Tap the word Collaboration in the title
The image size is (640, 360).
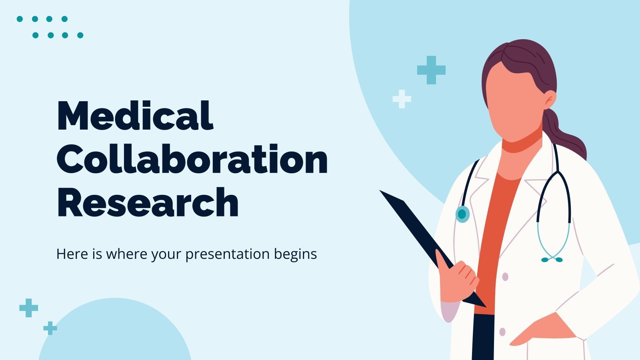(x=192, y=160)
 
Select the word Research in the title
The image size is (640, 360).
(x=148, y=203)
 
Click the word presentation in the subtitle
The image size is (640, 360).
(x=228, y=254)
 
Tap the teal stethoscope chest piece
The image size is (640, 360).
(x=462, y=214)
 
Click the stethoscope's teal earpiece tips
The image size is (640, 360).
(x=552, y=260)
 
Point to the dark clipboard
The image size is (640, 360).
(x=416, y=224)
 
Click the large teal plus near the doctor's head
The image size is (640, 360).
(x=431, y=70)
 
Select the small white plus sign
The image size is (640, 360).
(x=402, y=99)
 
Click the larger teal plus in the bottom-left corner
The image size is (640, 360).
(x=28, y=308)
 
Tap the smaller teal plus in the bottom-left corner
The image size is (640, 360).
(x=50, y=328)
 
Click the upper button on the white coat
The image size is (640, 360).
(x=505, y=276)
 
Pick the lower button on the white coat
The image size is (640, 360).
(x=502, y=332)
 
